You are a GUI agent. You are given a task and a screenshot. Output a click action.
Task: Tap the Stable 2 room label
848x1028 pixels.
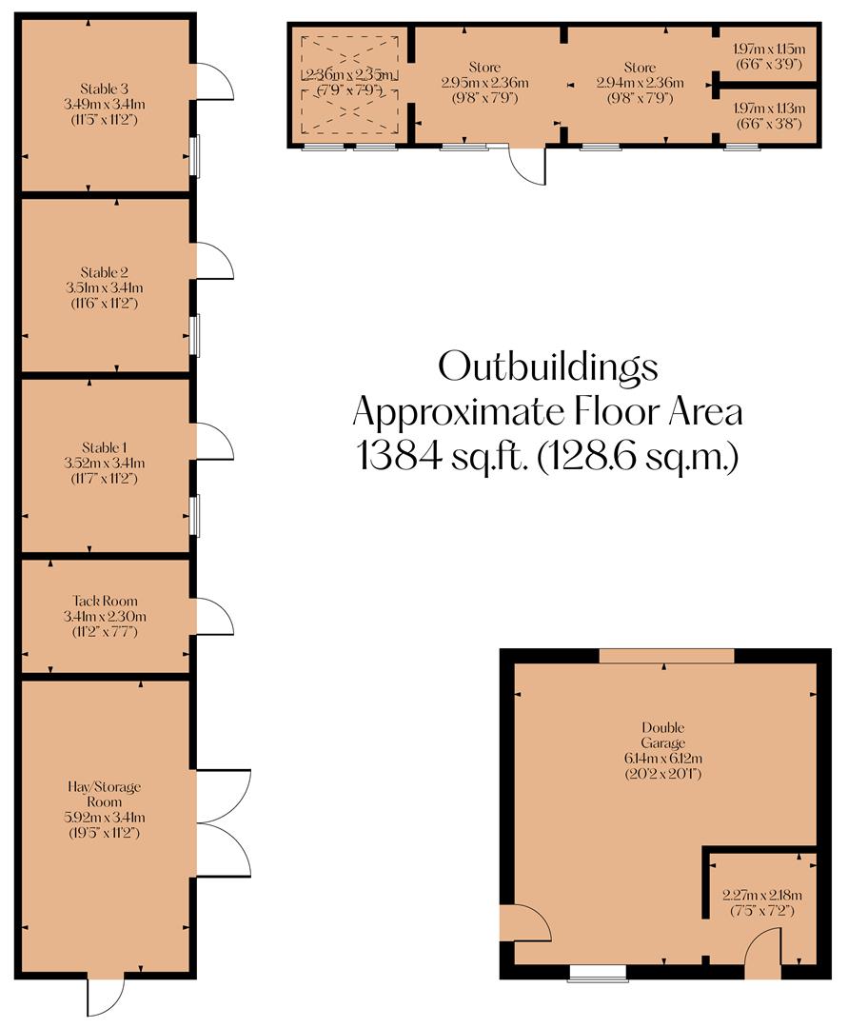point(105,271)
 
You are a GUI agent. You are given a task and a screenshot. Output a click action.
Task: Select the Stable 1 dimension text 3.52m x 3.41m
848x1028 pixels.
point(105,464)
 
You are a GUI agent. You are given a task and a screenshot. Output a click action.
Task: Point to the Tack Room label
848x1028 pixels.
point(105,601)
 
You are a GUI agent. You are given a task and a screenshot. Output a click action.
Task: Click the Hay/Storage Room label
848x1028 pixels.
point(105,794)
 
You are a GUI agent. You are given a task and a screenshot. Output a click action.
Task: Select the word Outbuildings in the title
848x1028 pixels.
point(547,366)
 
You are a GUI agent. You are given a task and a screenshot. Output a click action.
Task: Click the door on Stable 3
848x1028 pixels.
point(213,82)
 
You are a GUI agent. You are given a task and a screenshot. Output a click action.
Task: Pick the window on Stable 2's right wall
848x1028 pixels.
point(194,335)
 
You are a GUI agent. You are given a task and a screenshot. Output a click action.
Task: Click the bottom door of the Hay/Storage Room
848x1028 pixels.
point(105,996)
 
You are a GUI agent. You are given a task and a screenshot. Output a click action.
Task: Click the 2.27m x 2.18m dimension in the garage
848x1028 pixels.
point(761,895)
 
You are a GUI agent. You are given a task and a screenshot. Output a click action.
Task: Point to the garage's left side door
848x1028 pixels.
point(524,922)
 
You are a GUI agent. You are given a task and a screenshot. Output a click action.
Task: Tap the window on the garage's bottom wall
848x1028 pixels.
point(598,972)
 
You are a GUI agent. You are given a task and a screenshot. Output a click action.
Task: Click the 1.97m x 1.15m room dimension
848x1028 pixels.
point(769,49)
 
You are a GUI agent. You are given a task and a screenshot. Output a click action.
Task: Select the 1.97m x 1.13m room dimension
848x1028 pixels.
point(769,109)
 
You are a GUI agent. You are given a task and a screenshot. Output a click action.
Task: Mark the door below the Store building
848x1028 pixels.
point(526,166)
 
